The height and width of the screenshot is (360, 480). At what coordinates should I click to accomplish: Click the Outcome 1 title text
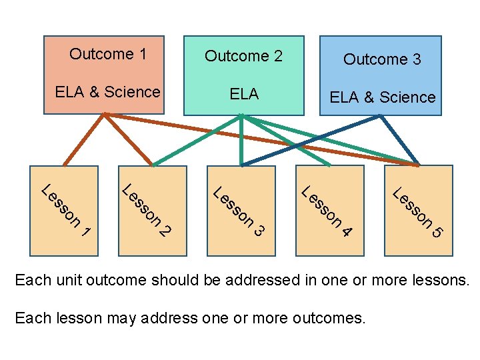(x=108, y=54)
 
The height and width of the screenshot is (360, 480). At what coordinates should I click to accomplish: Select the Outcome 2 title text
(x=243, y=56)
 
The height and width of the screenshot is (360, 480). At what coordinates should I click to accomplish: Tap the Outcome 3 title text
(x=382, y=59)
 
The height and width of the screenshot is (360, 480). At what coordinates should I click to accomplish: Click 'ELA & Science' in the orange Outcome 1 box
(x=107, y=92)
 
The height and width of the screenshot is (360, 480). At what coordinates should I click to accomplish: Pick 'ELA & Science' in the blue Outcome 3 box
(x=382, y=97)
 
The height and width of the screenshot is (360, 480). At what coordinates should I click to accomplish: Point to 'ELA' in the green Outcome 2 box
(x=244, y=94)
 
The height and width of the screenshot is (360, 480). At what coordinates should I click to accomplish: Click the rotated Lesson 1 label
(x=65, y=209)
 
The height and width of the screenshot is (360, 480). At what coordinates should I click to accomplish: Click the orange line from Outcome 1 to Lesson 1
(x=84, y=139)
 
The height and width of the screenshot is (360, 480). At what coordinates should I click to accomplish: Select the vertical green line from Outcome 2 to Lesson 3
(x=242, y=140)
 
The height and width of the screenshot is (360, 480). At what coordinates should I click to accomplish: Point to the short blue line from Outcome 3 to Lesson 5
(x=399, y=139)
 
